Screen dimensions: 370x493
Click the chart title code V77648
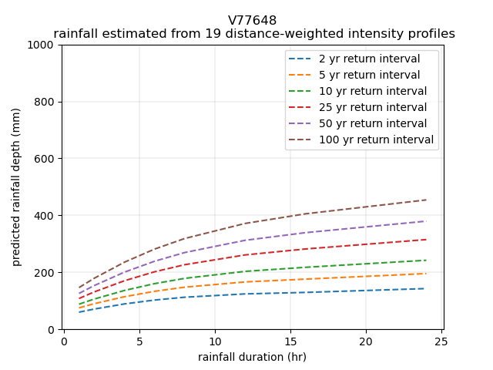(252, 20)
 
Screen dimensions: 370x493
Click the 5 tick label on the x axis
(139, 341)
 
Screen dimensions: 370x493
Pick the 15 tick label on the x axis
(290, 341)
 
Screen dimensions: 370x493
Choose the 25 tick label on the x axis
(441, 341)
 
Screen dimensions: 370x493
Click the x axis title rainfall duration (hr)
(252, 357)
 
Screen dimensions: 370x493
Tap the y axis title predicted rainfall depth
(16, 187)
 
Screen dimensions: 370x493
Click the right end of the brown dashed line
(425, 200)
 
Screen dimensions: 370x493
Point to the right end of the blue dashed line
(425, 288)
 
